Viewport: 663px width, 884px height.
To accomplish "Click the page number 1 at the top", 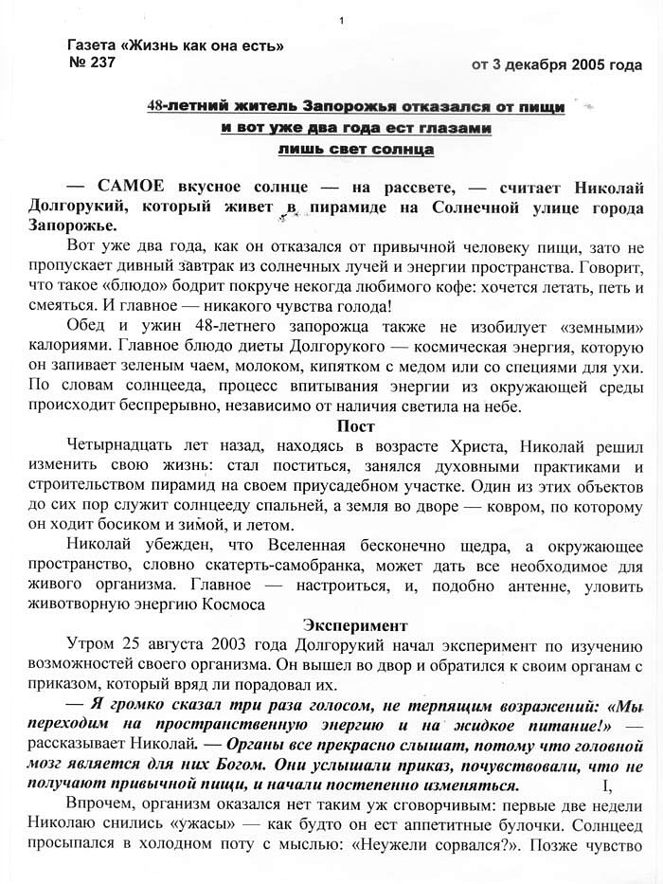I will (340, 22).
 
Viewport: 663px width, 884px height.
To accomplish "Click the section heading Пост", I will (355, 426).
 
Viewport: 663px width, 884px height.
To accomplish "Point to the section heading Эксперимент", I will (354, 625).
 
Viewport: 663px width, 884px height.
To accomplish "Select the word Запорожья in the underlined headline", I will (348, 108).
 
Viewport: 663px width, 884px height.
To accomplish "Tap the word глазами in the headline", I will (448, 128).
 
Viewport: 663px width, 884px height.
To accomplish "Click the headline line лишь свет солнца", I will (356, 149).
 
